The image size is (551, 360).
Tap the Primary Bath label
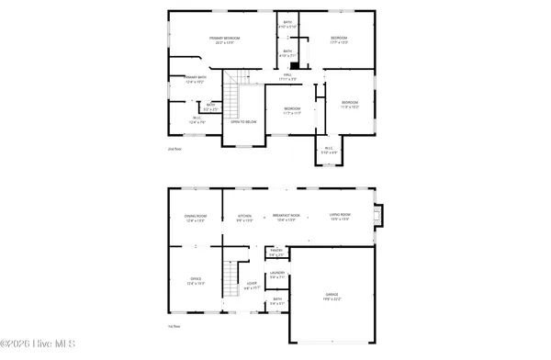pos(195,79)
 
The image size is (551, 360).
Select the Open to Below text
pos(242,121)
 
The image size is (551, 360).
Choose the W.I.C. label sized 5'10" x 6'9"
pos(329,150)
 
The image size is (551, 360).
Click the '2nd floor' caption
pos(174,148)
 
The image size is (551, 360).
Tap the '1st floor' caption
pos(174,325)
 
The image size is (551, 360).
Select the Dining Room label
pos(196,218)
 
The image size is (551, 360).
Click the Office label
pos(196,280)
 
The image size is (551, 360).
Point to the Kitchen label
pos(244,218)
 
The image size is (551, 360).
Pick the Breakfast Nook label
pos(284,218)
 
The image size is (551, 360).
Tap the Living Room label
pos(341,218)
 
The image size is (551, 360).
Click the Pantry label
pos(276,252)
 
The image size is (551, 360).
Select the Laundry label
pos(276,275)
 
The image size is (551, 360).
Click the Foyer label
pos(251,286)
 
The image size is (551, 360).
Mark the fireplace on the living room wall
pos(383,216)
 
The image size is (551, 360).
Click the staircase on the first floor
pos(233,275)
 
